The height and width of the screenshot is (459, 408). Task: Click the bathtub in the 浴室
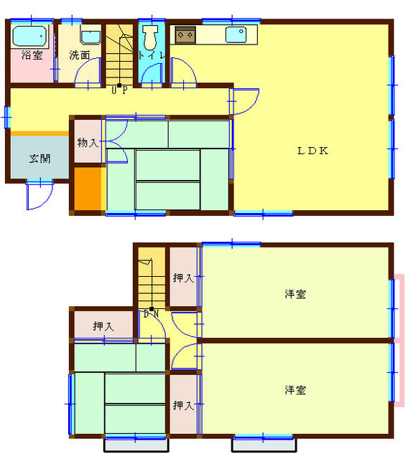point(30,37)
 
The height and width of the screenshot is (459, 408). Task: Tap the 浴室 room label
point(32,55)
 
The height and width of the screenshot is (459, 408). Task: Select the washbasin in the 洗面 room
point(91,35)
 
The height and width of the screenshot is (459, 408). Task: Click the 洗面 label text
point(80,55)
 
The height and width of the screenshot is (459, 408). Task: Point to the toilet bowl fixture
point(150,37)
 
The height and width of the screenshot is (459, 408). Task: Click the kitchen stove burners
point(185,35)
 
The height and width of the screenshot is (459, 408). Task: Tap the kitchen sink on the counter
point(236,35)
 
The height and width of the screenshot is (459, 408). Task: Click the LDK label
point(312,151)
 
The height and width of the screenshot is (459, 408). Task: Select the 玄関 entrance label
point(40,159)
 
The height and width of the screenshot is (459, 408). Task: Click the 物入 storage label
point(88,143)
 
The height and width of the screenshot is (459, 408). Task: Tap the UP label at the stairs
point(119,90)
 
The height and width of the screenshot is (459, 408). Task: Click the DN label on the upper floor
point(152,314)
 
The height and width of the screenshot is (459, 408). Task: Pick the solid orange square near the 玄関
point(88,189)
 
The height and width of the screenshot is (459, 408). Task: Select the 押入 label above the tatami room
point(103,326)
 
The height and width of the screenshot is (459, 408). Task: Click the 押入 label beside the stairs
point(183,278)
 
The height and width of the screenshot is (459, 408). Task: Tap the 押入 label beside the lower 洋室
point(183,405)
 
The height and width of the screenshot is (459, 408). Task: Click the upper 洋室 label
point(295,294)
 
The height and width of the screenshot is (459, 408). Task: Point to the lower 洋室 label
point(295,390)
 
